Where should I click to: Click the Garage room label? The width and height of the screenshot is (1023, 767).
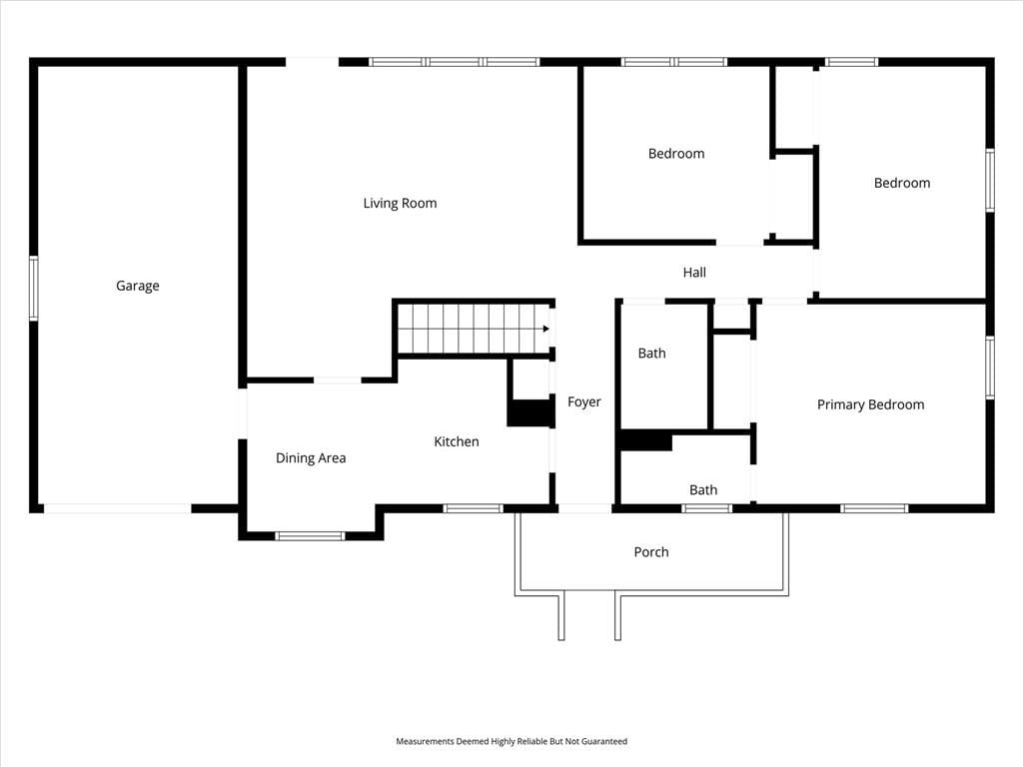[x=138, y=286]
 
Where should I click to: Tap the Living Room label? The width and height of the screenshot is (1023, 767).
[x=400, y=203]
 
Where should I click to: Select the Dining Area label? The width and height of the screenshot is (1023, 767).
[x=311, y=457]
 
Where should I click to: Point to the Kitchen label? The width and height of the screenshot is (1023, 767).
[x=456, y=441]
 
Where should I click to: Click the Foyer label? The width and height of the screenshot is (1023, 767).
[x=583, y=401]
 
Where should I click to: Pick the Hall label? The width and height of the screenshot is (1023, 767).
[x=694, y=272]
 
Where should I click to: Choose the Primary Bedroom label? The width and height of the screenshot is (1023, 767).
[x=870, y=404]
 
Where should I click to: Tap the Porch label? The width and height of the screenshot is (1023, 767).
[x=651, y=551]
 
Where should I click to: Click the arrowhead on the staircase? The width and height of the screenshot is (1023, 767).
[x=546, y=329]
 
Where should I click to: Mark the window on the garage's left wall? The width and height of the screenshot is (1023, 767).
[x=33, y=289]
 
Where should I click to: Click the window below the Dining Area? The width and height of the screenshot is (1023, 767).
[x=310, y=536]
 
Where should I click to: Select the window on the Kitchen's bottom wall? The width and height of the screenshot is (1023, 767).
[x=473, y=508]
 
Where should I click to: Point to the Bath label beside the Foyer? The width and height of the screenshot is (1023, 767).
[x=651, y=353]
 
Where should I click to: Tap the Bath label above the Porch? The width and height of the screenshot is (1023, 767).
[x=703, y=489]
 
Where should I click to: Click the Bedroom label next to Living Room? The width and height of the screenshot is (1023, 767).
[x=676, y=153]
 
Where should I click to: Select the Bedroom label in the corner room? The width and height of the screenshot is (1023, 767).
[x=902, y=183]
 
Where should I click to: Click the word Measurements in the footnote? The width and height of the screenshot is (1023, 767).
[x=425, y=741]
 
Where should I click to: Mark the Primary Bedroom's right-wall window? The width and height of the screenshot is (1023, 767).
[x=990, y=368]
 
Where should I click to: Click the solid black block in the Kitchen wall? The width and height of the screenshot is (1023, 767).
[x=531, y=413]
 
